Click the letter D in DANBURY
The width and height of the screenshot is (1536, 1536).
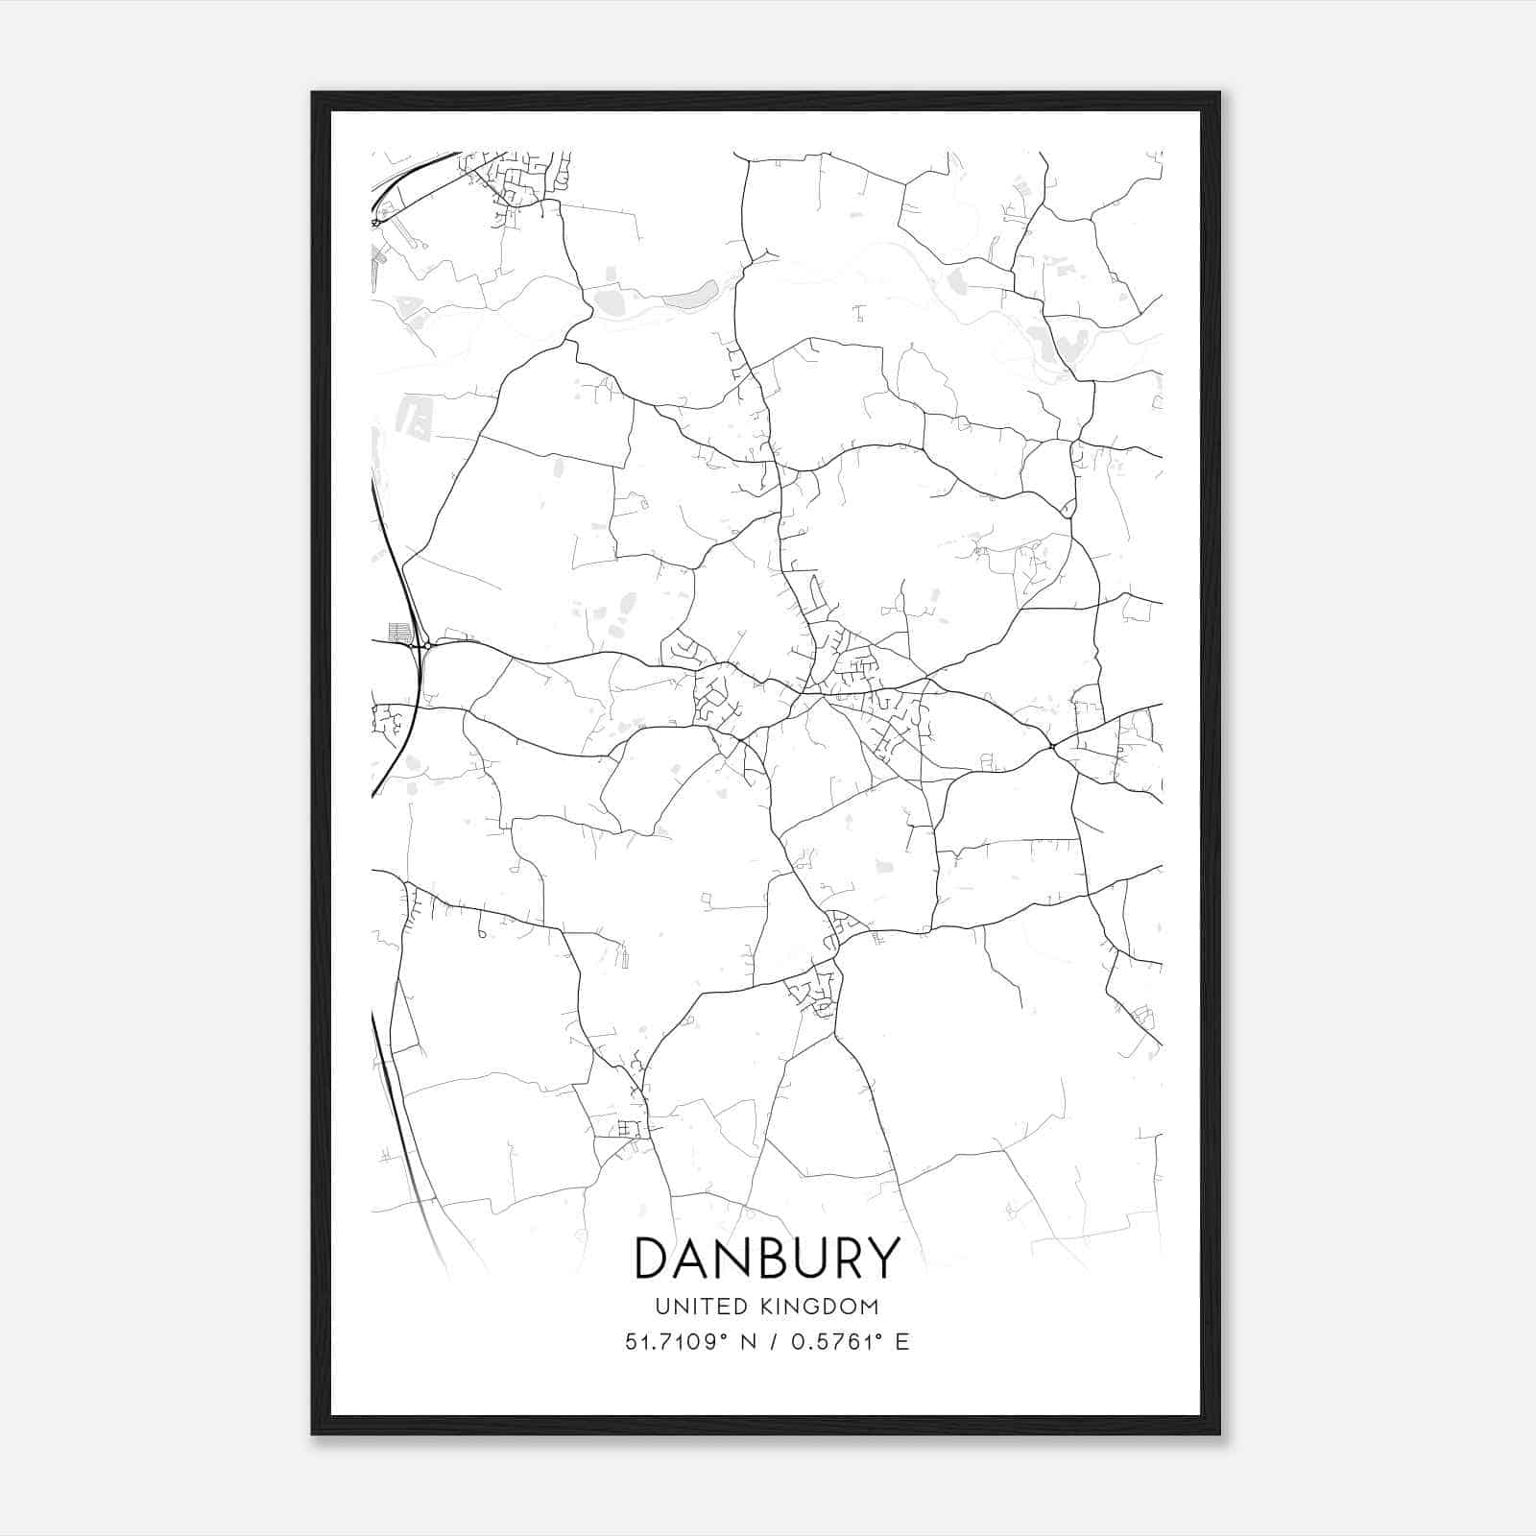[654, 1259]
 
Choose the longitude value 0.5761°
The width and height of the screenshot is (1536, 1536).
[836, 1342]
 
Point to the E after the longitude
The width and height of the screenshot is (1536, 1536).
[901, 1342]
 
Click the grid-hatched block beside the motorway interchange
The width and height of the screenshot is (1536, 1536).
[399, 633]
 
